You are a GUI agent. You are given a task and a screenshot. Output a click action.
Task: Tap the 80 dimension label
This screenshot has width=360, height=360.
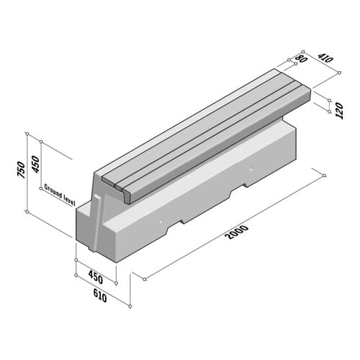[x=301, y=59]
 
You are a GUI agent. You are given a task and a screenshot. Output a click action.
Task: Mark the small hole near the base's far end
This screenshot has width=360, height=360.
[x=251, y=170]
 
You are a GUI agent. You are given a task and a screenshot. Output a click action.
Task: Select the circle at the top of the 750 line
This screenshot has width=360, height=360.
[x=27, y=134]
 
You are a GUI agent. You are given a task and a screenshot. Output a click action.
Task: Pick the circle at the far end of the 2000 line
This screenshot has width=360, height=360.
[x=325, y=175]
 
